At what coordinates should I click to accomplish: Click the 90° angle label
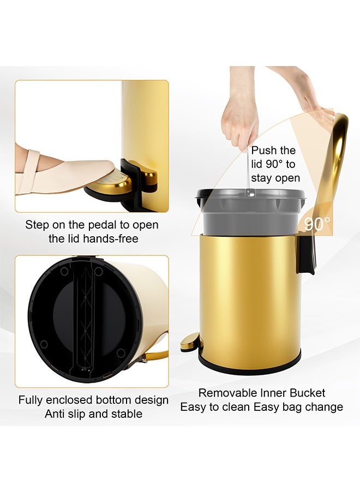pos(317,224)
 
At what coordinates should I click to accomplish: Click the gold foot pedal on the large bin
pos(191,342)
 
